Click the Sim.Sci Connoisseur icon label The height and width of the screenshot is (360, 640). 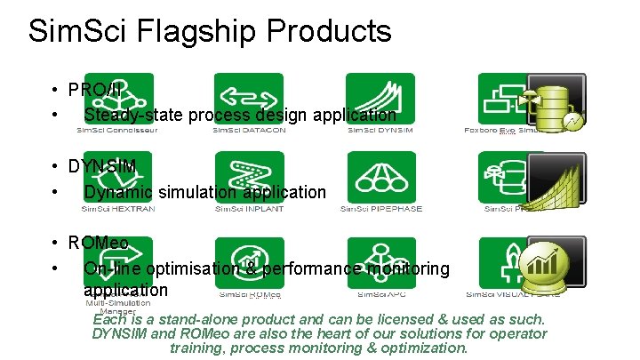(x=117, y=131)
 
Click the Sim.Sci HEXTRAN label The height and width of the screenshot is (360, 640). (x=117, y=209)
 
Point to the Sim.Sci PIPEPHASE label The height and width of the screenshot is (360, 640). (x=381, y=209)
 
